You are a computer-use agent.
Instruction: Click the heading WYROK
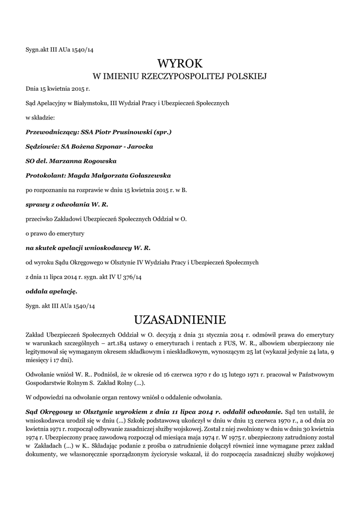tap(180, 63)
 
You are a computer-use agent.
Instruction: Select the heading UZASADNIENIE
tap(180, 317)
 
